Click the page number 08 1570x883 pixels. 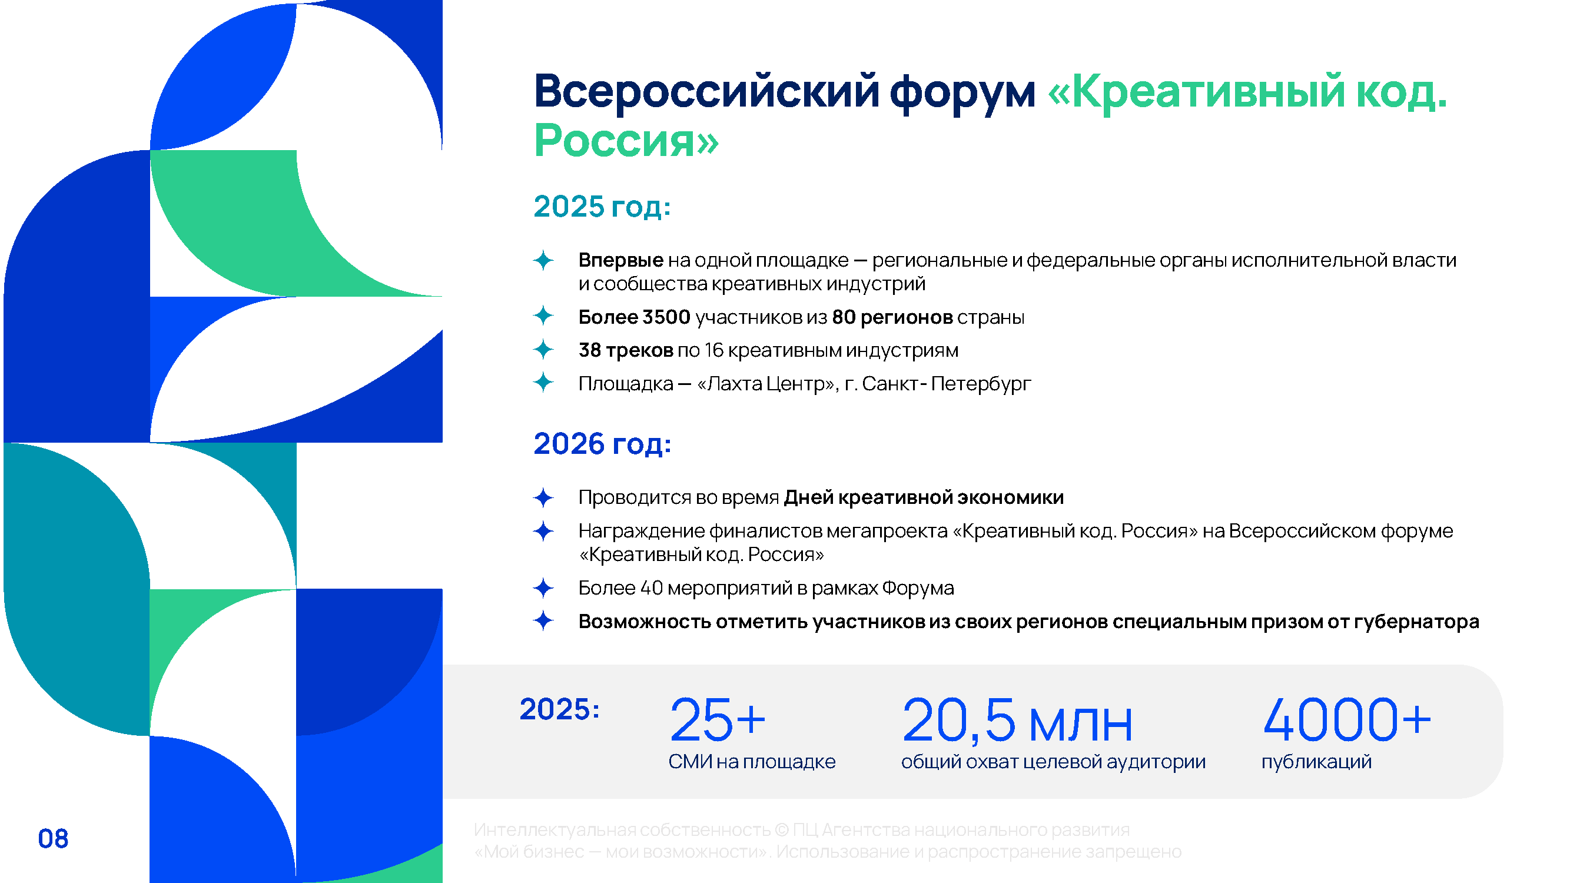pos(53,838)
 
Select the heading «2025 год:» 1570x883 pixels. pos(602,207)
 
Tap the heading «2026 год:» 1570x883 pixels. pos(602,444)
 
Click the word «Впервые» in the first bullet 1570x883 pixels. pos(620,260)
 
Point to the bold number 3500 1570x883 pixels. pos(666,317)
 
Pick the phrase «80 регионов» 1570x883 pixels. pos(892,317)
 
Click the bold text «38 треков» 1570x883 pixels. pos(625,350)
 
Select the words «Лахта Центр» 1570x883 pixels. pos(765,384)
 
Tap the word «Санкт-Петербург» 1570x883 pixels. pos(946,384)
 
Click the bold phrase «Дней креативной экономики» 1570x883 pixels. pos(924,497)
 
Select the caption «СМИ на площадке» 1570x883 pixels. pos(752,762)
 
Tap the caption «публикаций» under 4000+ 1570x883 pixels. pos(1316,762)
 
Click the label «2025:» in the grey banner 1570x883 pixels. pos(559,709)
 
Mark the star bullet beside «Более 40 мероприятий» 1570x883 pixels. pos(543,588)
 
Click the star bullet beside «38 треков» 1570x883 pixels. pos(543,350)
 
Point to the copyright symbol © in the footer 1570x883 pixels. pos(782,830)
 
